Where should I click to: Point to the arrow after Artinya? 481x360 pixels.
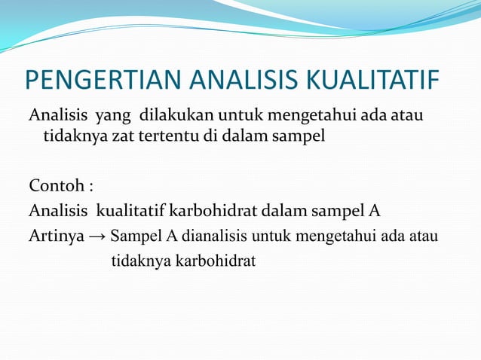97,236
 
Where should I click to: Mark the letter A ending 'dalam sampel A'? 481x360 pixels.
375,210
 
